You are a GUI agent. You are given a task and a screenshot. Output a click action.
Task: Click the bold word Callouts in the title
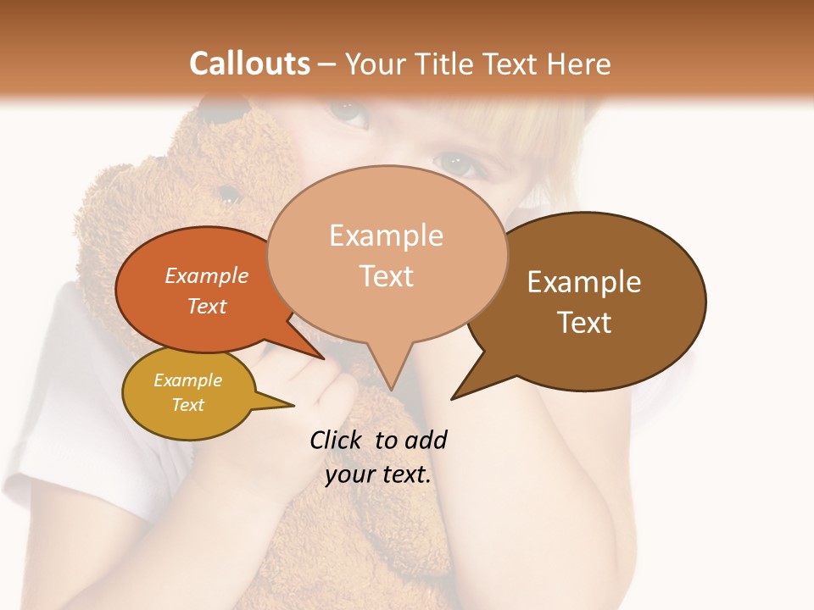click(249, 64)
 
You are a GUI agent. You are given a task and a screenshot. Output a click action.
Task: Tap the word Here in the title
click(577, 64)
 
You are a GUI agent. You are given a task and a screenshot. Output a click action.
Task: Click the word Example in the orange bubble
click(207, 275)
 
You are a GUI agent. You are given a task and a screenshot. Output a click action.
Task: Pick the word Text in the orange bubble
click(207, 306)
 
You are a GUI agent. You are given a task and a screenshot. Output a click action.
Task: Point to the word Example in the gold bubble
click(187, 380)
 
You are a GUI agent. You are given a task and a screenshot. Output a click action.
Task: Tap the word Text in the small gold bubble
click(187, 405)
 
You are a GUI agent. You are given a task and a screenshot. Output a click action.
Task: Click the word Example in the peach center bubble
click(386, 236)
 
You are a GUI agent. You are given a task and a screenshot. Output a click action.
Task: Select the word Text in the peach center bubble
click(386, 276)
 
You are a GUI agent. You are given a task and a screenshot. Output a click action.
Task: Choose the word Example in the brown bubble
click(584, 282)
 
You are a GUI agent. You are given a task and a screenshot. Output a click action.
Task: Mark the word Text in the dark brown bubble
click(584, 323)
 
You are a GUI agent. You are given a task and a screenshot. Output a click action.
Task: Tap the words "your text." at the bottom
click(378, 475)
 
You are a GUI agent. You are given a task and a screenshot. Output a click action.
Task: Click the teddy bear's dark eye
click(226, 190)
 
